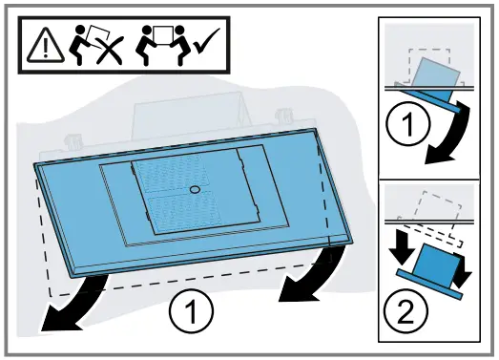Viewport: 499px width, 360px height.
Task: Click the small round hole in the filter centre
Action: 195,190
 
